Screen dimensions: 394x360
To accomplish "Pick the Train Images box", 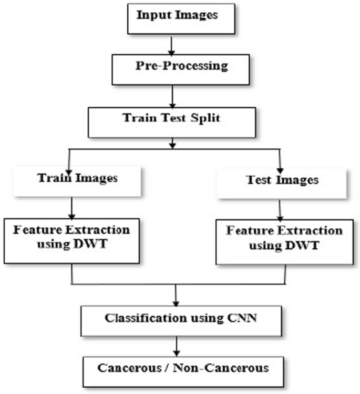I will [77, 178].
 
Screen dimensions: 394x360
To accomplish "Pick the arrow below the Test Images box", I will [281, 209].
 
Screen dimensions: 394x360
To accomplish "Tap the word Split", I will [205, 117].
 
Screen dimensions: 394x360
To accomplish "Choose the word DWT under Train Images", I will [89, 246].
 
